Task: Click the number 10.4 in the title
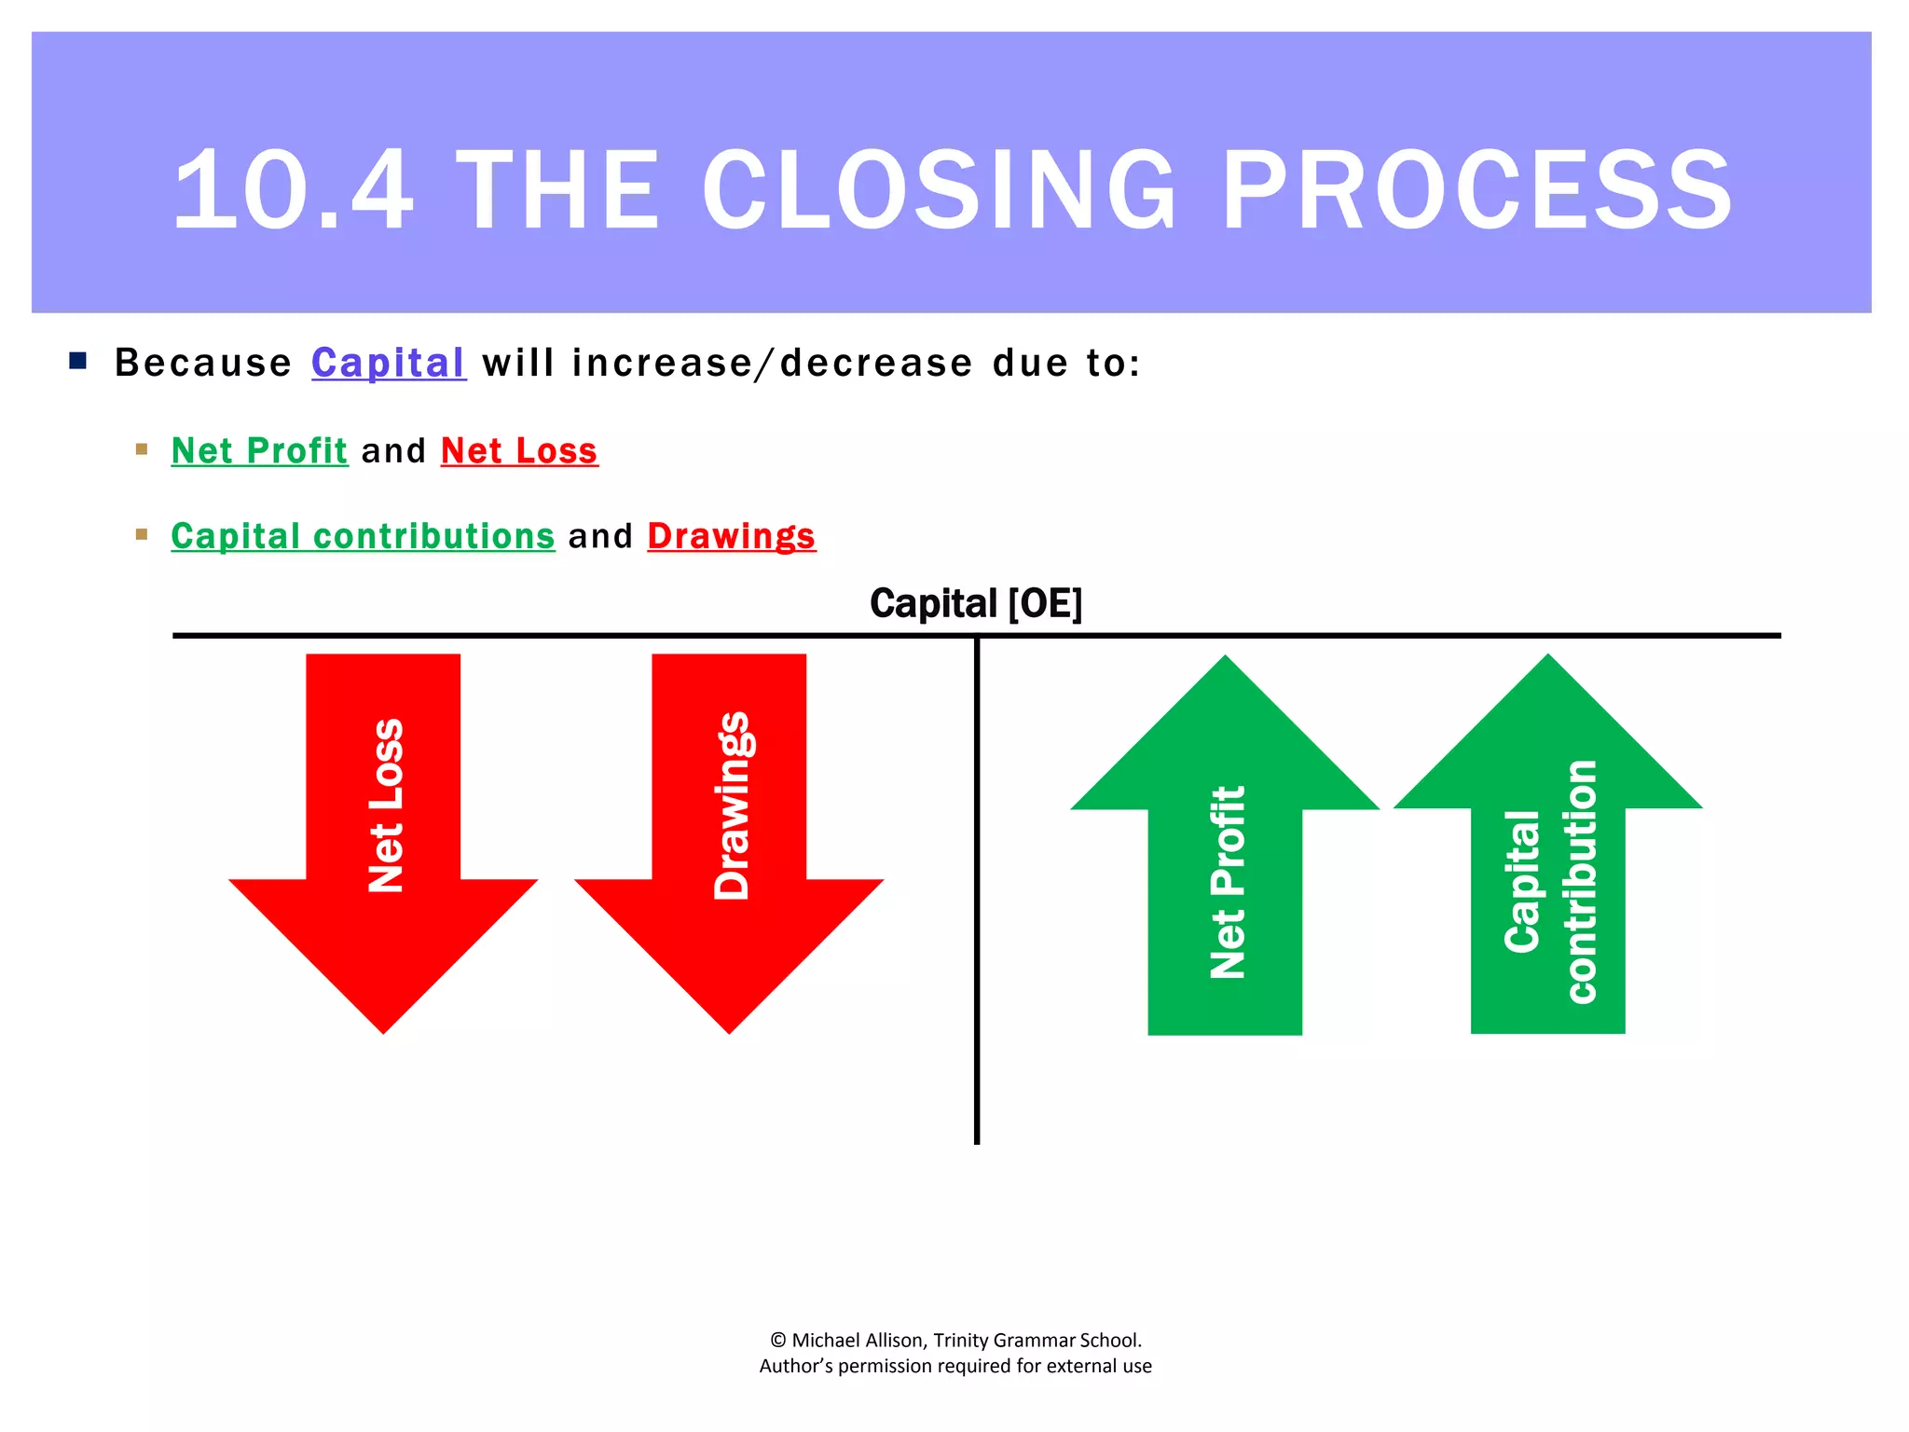(293, 191)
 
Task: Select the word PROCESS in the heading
(1476, 191)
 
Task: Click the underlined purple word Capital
(388, 363)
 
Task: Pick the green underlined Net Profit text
(259, 451)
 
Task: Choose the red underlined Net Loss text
(519, 451)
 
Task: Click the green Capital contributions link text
(363, 537)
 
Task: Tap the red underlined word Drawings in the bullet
(732, 537)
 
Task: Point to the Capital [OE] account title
(976, 604)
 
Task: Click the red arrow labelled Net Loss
(383, 839)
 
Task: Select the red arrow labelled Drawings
(729, 839)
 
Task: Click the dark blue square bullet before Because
(78, 361)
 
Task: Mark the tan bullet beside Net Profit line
(142, 449)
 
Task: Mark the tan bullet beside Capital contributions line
(142, 534)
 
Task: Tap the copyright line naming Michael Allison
(955, 1341)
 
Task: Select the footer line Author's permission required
(955, 1367)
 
